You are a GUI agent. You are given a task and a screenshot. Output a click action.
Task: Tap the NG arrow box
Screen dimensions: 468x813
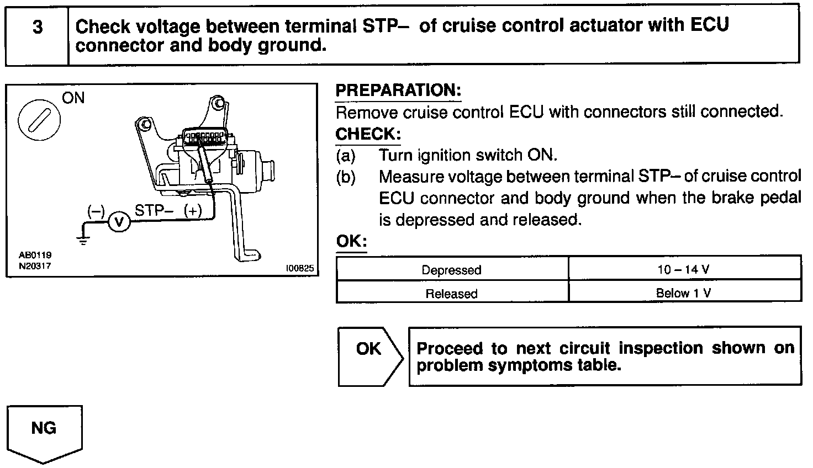coord(44,430)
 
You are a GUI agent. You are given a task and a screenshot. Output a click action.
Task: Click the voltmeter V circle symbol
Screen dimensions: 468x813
coord(118,222)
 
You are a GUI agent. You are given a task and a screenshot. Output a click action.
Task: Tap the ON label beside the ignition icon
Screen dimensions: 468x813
coord(73,98)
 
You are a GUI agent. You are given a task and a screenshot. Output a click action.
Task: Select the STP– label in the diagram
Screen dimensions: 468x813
coord(154,210)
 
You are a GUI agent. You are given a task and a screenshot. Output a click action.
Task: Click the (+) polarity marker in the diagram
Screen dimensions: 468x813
coord(193,210)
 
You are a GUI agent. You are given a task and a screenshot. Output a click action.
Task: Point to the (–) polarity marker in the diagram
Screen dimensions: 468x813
coord(96,211)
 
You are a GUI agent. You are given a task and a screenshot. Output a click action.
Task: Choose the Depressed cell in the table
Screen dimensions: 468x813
coord(451,270)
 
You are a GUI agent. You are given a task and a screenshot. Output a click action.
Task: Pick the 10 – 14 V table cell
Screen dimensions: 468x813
coord(685,269)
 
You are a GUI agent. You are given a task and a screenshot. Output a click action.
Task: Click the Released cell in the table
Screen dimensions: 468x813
coord(451,294)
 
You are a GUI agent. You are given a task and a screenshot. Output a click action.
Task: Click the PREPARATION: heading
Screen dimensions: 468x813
coord(398,91)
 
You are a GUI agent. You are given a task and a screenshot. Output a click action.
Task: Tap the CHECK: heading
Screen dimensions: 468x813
coord(368,134)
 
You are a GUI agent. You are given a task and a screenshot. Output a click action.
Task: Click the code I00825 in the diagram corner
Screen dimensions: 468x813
coord(299,269)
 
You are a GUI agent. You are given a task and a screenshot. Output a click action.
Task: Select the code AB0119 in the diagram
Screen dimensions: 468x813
coord(34,255)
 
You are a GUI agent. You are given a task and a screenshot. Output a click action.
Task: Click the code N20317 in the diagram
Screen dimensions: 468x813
coord(34,266)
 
